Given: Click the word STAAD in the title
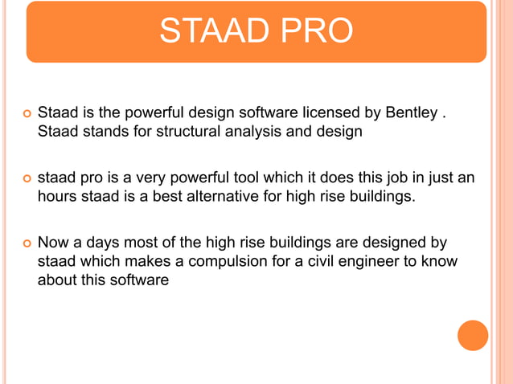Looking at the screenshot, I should pos(210,31).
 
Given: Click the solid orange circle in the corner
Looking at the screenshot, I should pos(473,335).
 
